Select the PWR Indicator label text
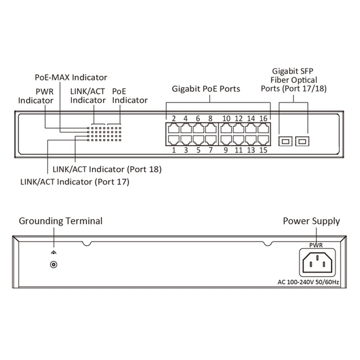pyautogui.click(x=36, y=95)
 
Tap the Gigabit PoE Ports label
pyautogui.click(x=209, y=88)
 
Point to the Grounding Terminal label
pyautogui.click(x=61, y=221)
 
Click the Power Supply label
pyautogui.click(x=311, y=221)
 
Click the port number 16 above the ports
pyautogui.click(x=263, y=119)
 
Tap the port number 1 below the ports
pyautogui.click(x=173, y=150)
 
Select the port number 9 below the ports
pyautogui.click(x=227, y=150)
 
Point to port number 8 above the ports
pyautogui.click(x=210, y=119)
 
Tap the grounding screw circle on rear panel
pyautogui.click(x=54, y=265)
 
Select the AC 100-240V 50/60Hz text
pyautogui.click(x=308, y=282)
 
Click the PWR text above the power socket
pyautogui.click(x=316, y=244)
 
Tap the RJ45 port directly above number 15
pyautogui.click(x=263, y=140)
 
